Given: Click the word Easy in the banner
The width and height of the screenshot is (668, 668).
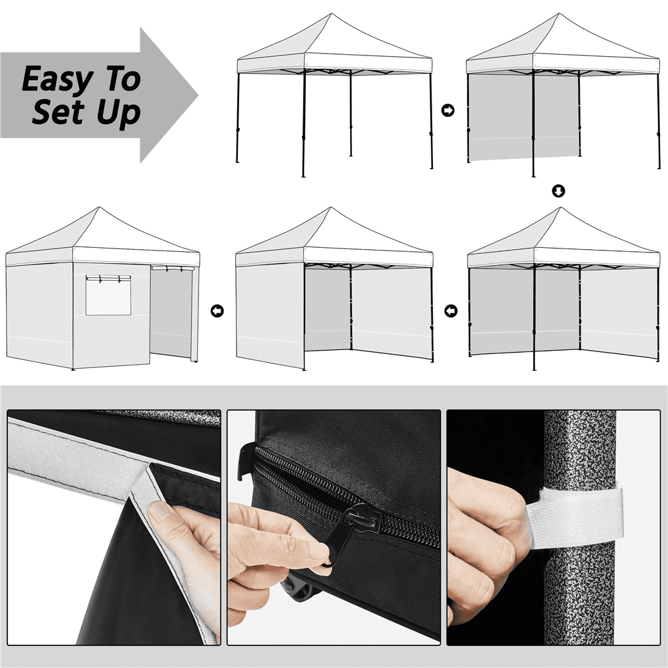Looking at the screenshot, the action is (57, 79).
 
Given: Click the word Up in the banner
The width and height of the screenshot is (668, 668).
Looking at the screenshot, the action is (118, 114).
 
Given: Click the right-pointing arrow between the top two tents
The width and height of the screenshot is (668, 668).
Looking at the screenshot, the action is (448, 110).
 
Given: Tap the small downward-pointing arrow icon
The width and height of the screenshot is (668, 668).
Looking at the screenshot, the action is (558, 191).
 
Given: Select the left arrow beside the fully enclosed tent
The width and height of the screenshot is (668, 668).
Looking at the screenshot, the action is (217, 311).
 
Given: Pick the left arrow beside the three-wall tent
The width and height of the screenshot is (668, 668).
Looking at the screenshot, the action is (451, 311).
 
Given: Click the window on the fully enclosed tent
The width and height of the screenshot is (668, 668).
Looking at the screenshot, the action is (108, 295).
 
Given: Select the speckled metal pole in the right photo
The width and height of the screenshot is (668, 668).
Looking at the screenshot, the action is (579, 528).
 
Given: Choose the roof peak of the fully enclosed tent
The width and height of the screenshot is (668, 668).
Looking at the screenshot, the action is (100, 208).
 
